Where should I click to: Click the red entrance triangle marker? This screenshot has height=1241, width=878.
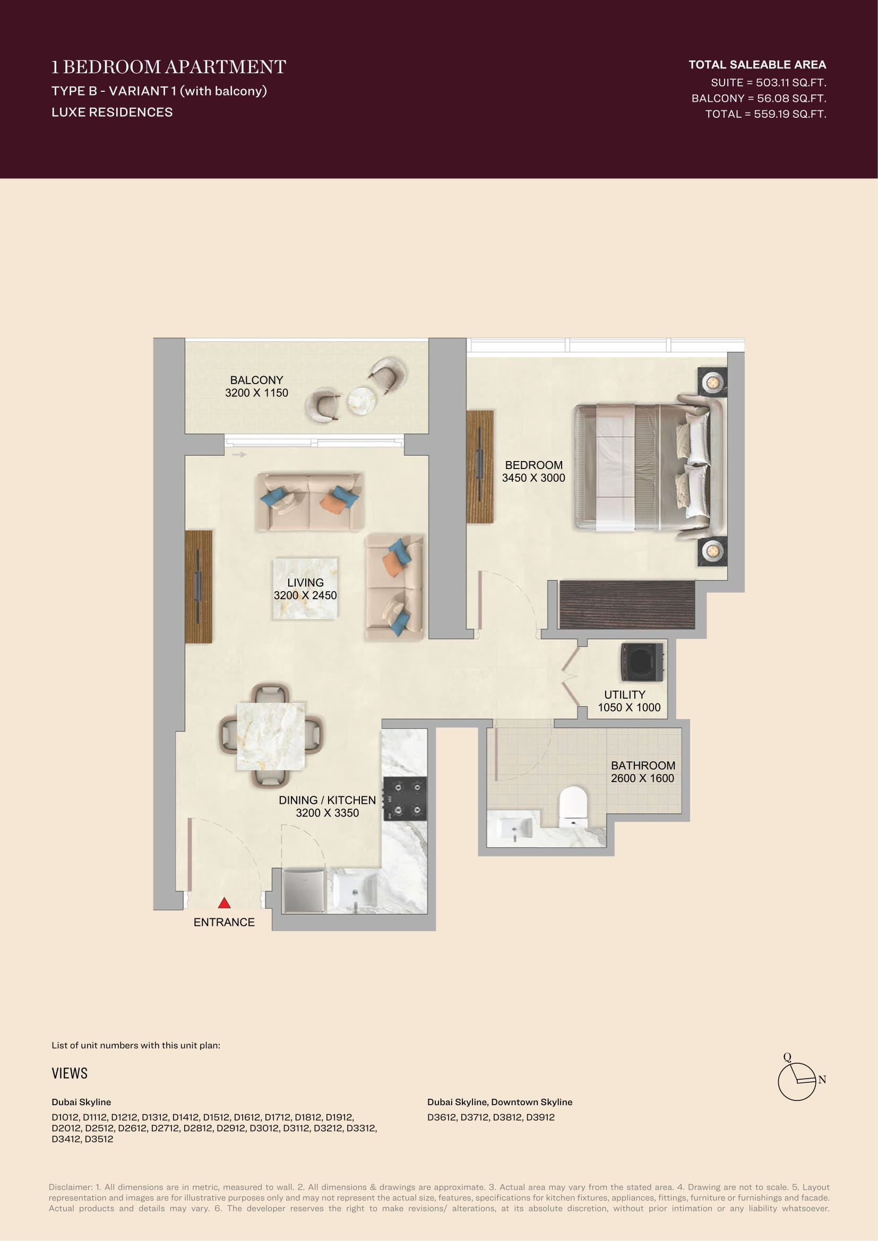(x=225, y=902)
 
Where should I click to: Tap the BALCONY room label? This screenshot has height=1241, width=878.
(x=256, y=380)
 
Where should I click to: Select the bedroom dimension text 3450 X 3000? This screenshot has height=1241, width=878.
(x=533, y=478)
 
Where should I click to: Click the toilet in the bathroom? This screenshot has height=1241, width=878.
(x=573, y=808)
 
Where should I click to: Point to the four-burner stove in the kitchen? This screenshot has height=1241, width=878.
(x=405, y=799)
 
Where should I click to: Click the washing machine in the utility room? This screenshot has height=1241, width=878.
(x=642, y=662)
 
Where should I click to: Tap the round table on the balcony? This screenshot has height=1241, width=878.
(x=361, y=401)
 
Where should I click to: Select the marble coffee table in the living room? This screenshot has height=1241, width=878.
(x=305, y=588)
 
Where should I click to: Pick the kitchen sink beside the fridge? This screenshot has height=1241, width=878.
(x=354, y=890)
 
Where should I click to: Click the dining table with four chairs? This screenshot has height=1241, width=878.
(x=271, y=735)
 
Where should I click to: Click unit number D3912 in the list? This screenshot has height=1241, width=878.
(x=540, y=1117)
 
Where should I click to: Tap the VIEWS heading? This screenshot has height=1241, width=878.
(x=69, y=1073)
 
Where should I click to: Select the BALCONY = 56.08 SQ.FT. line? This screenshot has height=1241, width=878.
(x=759, y=98)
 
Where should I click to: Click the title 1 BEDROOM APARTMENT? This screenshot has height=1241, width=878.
(x=169, y=67)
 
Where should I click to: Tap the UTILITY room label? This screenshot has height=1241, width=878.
(x=624, y=695)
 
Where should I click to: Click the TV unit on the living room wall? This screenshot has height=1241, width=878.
(x=199, y=586)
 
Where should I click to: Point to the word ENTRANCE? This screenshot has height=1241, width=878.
(x=224, y=922)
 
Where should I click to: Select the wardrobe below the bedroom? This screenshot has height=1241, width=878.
(x=626, y=604)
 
